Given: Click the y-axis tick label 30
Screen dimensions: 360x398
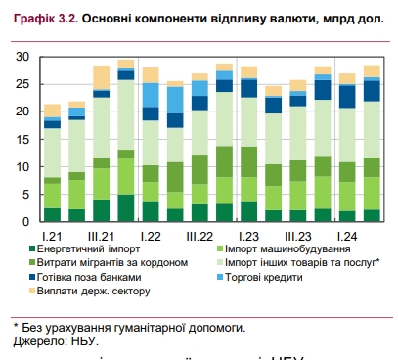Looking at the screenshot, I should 22,57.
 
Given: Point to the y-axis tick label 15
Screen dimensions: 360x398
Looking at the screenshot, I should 22,139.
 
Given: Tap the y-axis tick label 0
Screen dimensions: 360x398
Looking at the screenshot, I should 26,221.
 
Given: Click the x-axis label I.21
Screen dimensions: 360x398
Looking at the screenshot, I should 53,236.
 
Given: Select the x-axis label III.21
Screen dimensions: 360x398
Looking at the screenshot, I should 102,236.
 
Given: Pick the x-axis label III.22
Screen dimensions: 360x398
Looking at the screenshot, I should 199,236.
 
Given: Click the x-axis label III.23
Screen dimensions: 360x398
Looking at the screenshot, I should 297,236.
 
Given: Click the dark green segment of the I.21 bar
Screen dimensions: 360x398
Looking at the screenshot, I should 52,214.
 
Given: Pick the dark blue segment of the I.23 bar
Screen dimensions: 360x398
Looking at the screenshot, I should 247,90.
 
